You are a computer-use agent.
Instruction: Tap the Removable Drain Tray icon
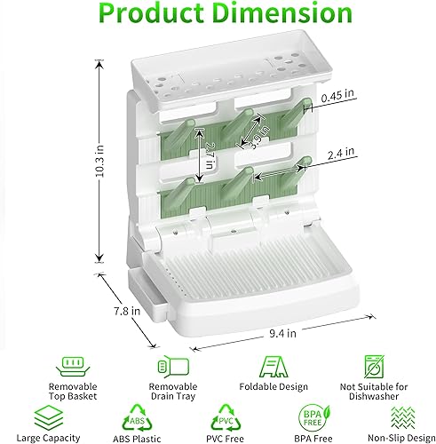170,367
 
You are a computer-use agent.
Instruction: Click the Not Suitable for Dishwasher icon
373,368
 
